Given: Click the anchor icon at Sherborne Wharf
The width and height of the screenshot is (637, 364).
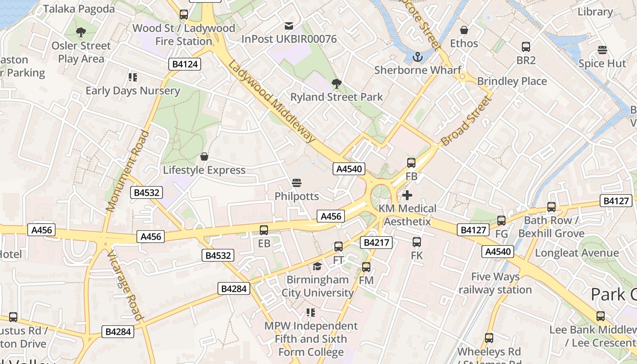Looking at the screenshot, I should coord(417,57).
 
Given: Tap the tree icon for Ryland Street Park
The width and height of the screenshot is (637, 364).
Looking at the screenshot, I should coord(337,84).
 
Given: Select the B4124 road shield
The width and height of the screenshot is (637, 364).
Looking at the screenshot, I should coord(185,64).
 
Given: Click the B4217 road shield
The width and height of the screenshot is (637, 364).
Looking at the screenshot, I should coord(376,243).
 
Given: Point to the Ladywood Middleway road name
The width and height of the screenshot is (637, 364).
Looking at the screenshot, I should coord(272,101).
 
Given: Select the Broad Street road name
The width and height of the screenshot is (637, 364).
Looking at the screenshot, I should coord(467,121).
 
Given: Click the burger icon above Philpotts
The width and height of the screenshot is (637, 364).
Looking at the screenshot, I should coord(297,183).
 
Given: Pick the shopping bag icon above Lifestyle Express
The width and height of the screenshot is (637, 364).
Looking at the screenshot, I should coord(204,157).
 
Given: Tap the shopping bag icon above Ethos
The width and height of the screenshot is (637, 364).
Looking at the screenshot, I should coord(464,30).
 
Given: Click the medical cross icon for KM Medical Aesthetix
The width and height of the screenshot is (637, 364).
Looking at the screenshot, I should coord(407,195).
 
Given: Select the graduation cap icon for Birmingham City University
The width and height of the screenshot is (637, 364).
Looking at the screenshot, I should coord(317,266).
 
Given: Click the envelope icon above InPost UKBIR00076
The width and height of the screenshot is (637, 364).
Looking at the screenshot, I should coord(289,26).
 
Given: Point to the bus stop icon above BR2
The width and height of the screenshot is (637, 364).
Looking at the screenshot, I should coord(526,47).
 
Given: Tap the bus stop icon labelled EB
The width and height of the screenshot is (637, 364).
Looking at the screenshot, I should coord(264,230).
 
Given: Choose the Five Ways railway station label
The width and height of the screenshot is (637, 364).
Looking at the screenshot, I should coord(495,283).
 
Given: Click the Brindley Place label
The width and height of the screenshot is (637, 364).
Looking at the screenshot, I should coord(512,81).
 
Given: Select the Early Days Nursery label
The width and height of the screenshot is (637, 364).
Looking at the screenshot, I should coord(133,91).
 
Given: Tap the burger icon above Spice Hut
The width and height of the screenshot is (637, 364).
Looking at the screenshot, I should coord(602,50).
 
